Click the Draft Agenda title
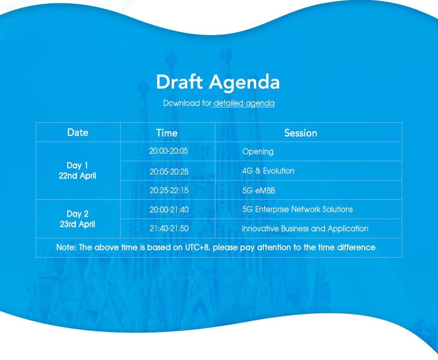pyautogui.click(x=218, y=83)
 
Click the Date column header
pyautogui.click(x=78, y=132)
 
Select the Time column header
pyautogui.click(x=167, y=133)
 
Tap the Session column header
pyautogui.click(x=301, y=133)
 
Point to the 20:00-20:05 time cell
pyautogui.click(x=169, y=151)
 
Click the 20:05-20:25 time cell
pyautogui.click(x=169, y=172)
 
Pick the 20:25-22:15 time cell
pyautogui.click(x=169, y=190)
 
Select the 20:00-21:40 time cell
pyautogui.click(x=169, y=210)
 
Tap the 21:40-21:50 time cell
pyautogui.click(x=169, y=228)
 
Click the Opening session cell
pyautogui.click(x=258, y=152)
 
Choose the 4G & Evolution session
pyautogui.click(x=268, y=171)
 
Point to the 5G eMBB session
pyautogui.click(x=258, y=190)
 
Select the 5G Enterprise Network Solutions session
pyautogui.click(x=298, y=209)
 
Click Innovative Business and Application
pyautogui.click(x=305, y=229)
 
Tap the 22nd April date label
pyautogui.click(x=77, y=176)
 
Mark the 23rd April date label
pyautogui.click(x=77, y=225)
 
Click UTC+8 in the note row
pyautogui.click(x=197, y=248)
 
